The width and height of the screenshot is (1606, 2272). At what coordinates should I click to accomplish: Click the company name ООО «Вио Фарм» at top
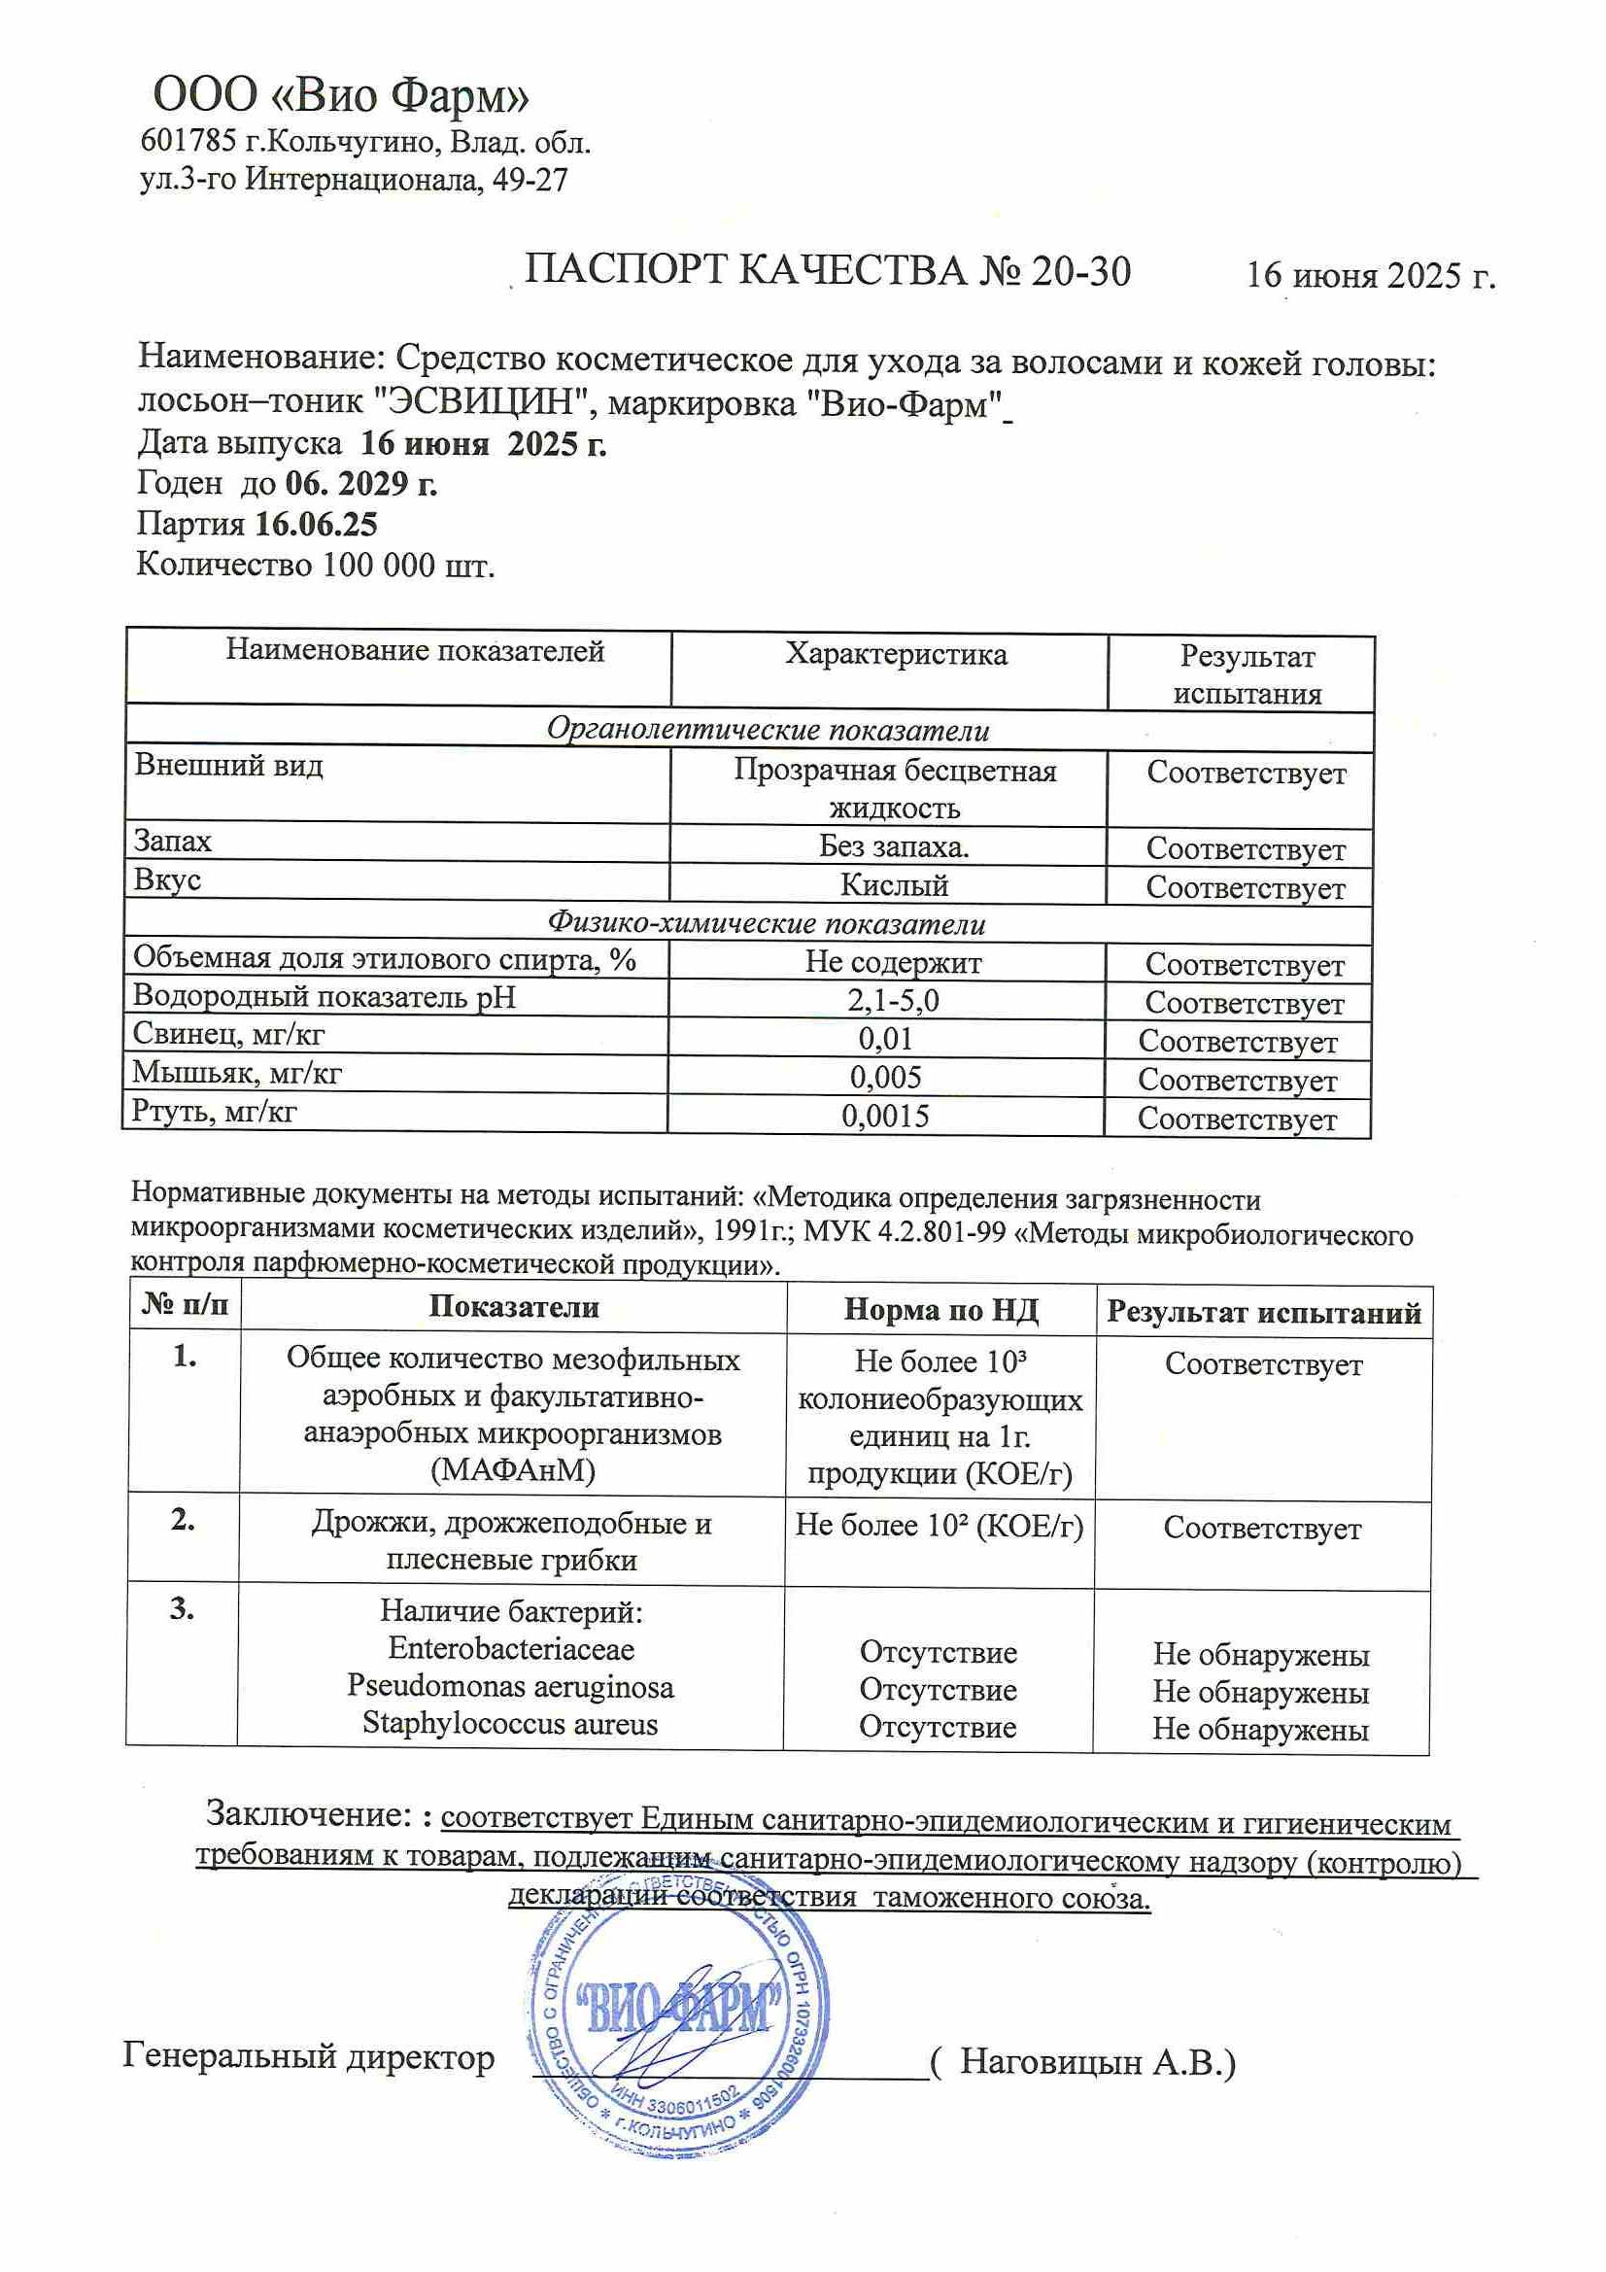pyautogui.click(x=341, y=96)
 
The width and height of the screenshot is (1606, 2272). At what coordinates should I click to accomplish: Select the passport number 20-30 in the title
pyautogui.click(x=1080, y=270)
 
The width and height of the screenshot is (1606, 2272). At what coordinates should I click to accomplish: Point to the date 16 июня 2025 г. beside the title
pyautogui.click(x=1371, y=275)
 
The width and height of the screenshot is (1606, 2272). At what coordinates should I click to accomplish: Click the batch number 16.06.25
pyautogui.click(x=317, y=524)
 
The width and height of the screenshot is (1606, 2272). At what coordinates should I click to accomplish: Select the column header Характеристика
pyautogui.click(x=896, y=654)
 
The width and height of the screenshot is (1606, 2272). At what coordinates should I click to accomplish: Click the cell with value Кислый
pyautogui.click(x=894, y=884)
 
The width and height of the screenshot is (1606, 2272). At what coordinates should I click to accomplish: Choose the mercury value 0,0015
pyautogui.click(x=886, y=1117)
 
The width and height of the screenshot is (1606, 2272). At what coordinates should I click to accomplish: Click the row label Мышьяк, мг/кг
pyautogui.click(x=237, y=1073)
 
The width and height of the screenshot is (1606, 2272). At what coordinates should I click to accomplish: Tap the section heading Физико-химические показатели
pyautogui.click(x=767, y=924)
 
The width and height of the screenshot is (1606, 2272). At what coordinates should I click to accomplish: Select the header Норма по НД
pyautogui.click(x=940, y=1310)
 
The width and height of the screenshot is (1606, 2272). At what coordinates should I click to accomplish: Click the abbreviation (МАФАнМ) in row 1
pyautogui.click(x=513, y=1469)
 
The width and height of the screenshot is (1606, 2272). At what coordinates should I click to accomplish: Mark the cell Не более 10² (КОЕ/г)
pyautogui.click(x=940, y=1525)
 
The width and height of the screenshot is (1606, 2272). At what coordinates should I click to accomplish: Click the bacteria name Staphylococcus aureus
pyautogui.click(x=510, y=1723)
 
